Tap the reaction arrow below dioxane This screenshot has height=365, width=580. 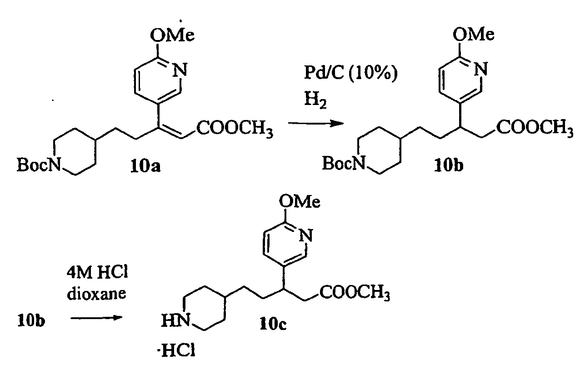pos(97,318)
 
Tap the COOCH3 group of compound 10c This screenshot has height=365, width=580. pos(355,294)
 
